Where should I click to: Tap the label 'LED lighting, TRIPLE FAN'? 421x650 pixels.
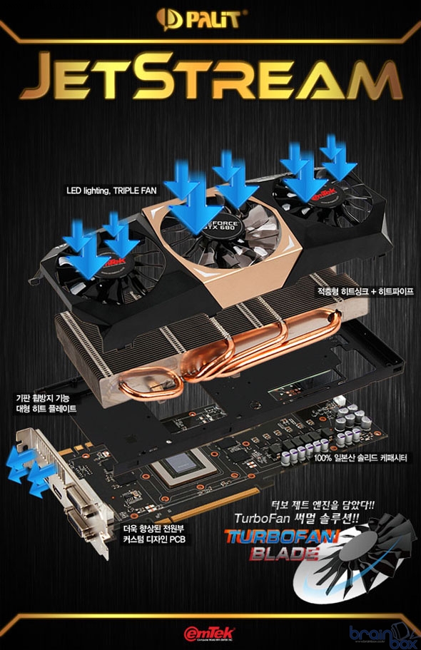tap(111, 191)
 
